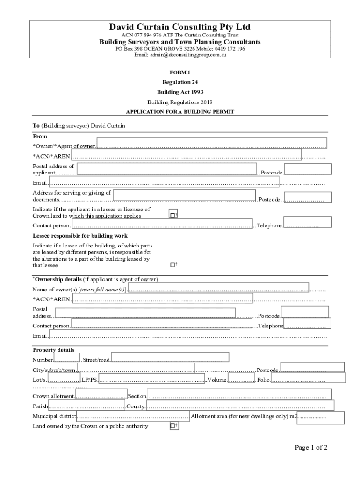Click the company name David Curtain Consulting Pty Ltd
click(x=180, y=27)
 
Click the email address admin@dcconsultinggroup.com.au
click(x=180, y=55)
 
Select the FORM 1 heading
click(x=180, y=72)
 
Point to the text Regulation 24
click(x=180, y=82)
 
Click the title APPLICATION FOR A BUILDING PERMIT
click(x=180, y=112)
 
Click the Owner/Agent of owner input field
click(x=211, y=143)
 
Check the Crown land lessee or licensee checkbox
click(x=173, y=214)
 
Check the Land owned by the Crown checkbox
click(x=173, y=426)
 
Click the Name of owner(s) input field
click(x=218, y=288)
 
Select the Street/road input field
click(x=170, y=357)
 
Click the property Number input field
click(x=67, y=358)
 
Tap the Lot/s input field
click(x=64, y=377)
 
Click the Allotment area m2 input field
click(x=320, y=417)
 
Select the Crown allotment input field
click(x=101, y=395)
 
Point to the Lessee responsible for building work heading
click(x=80, y=236)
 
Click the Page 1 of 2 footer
click(x=311, y=448)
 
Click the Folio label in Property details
click(x=263, y=380)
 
